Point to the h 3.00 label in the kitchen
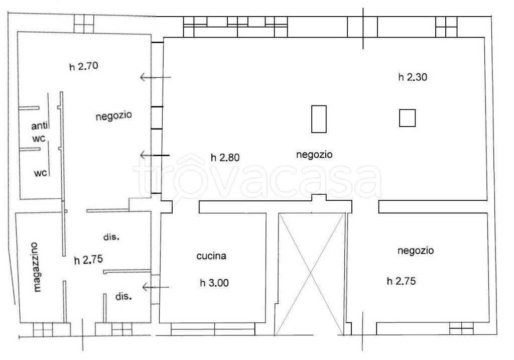214,283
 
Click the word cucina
211,256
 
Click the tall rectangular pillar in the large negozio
319,119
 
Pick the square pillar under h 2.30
407,118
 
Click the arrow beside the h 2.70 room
155,77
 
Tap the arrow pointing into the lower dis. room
156,287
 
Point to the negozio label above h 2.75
416,250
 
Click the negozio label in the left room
113,115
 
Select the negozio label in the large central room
314,155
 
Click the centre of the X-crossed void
311,274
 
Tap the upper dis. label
112,236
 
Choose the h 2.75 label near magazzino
88,260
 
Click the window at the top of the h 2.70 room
83,23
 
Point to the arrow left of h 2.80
155,156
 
